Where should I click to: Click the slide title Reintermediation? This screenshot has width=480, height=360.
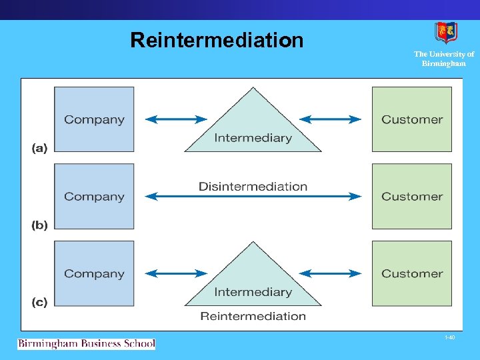pyautogui.click(x=217, y=41)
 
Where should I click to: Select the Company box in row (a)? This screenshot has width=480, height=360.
pyautogui.click(x=94, y=119)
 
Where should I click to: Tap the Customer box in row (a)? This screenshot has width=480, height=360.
pyautogui.click(x=411, y=119)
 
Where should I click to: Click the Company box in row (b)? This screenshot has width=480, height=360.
pyautogui.click(x=94, y=197)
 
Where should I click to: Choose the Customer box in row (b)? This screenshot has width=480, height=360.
pyautogui.click(x=411, y=197)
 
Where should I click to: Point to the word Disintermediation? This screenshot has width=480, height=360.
pyautogui.click(x=253, y=187)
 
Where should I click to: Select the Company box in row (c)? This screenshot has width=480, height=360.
pyautogui.click(x=94, y=273)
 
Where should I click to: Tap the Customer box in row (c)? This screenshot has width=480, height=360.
pyautogui.click(x=411, y=273)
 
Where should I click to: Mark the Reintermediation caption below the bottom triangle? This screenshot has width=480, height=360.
pyautogui.click(x=253, y=316)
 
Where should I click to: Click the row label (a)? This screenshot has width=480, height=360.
pyautogui.click(x=39, y=148)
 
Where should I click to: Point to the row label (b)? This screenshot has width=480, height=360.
pyautogui.click(x=39, y=225)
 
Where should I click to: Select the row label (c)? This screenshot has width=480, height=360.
pyautogui.click(x=39, y=302)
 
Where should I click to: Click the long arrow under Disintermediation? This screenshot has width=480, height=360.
pyautogui.click(x=253, y=197)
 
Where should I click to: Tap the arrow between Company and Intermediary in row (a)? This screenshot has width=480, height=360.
pyautogui.click(x=176, y=119)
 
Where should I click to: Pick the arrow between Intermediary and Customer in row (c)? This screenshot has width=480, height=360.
pyautogui.click(x=330, y=273)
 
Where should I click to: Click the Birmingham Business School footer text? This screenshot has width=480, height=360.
pyautogui.click(x=86, y=344)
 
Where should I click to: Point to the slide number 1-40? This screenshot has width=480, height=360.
pyautogui.click(x=449, y=338)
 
